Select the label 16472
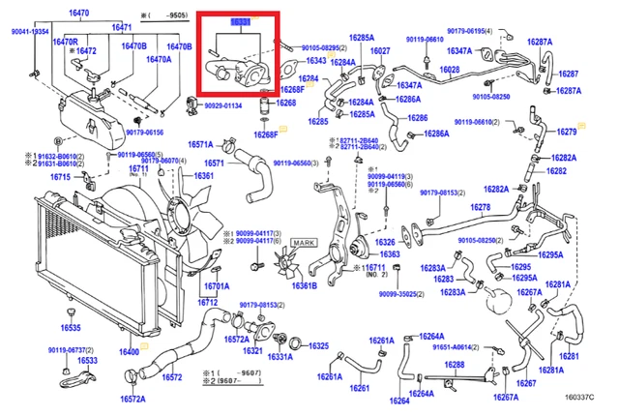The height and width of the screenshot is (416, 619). pyautogui.click(x=85, y=50)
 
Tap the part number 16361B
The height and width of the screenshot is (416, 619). pyautogui.click(x=304, y=285)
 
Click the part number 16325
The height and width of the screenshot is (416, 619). pyautogui.click(x=319, y=345)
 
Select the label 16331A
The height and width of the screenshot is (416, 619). pyautogui.click(x=280, y=357)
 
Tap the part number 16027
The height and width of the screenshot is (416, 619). pyautogui.click(x=380, y=50)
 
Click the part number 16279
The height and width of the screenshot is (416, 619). pyautogui.click(x=567, y=132)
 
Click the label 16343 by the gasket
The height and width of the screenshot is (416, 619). pyautogui.click(x=316, y=61)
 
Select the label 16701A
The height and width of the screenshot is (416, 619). pyautogui.click(x=216, y=286)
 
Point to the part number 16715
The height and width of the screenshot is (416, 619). pyautogui.click(x=60, y=177)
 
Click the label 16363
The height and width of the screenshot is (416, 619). pyautogui.click(x=389, y=254)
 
